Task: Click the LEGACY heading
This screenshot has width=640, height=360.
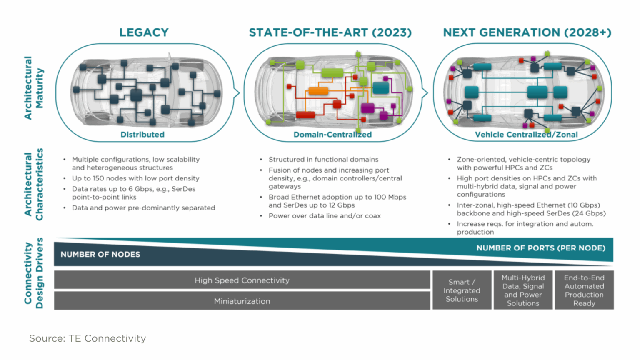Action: pos(144,32)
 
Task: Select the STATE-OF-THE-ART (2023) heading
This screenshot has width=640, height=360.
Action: pos(330,32)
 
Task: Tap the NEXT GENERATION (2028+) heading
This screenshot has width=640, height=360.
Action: pos(527,32)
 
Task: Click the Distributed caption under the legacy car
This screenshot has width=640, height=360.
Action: pos(142,134)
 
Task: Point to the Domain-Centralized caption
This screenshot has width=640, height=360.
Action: pos(332,134)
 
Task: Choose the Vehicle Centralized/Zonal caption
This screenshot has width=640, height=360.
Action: pos(526,134)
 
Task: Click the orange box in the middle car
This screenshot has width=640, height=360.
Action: pos(318,91)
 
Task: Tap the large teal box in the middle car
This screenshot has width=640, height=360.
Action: pos(381,87)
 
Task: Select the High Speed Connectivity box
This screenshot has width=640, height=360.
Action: pos(242,280)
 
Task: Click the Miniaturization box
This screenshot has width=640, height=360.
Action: pos(242,300)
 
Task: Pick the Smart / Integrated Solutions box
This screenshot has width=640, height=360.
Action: pos(462,290)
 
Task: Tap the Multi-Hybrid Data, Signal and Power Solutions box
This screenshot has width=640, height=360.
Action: pos(523,290)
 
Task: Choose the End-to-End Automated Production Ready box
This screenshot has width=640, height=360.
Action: pos(584,290)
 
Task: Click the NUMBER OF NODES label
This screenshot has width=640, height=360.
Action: pos(100,254)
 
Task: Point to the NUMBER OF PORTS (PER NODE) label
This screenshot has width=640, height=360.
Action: pos(541,248)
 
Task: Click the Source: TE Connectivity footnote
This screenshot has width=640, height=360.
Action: pos(87,338)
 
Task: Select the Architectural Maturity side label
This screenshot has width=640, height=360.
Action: pos(34,88)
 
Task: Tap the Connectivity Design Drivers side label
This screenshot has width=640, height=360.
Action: pos(34,273)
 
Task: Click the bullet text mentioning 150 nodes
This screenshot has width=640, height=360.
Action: pos(136,178)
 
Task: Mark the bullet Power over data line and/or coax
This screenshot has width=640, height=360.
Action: pos(325,216)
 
